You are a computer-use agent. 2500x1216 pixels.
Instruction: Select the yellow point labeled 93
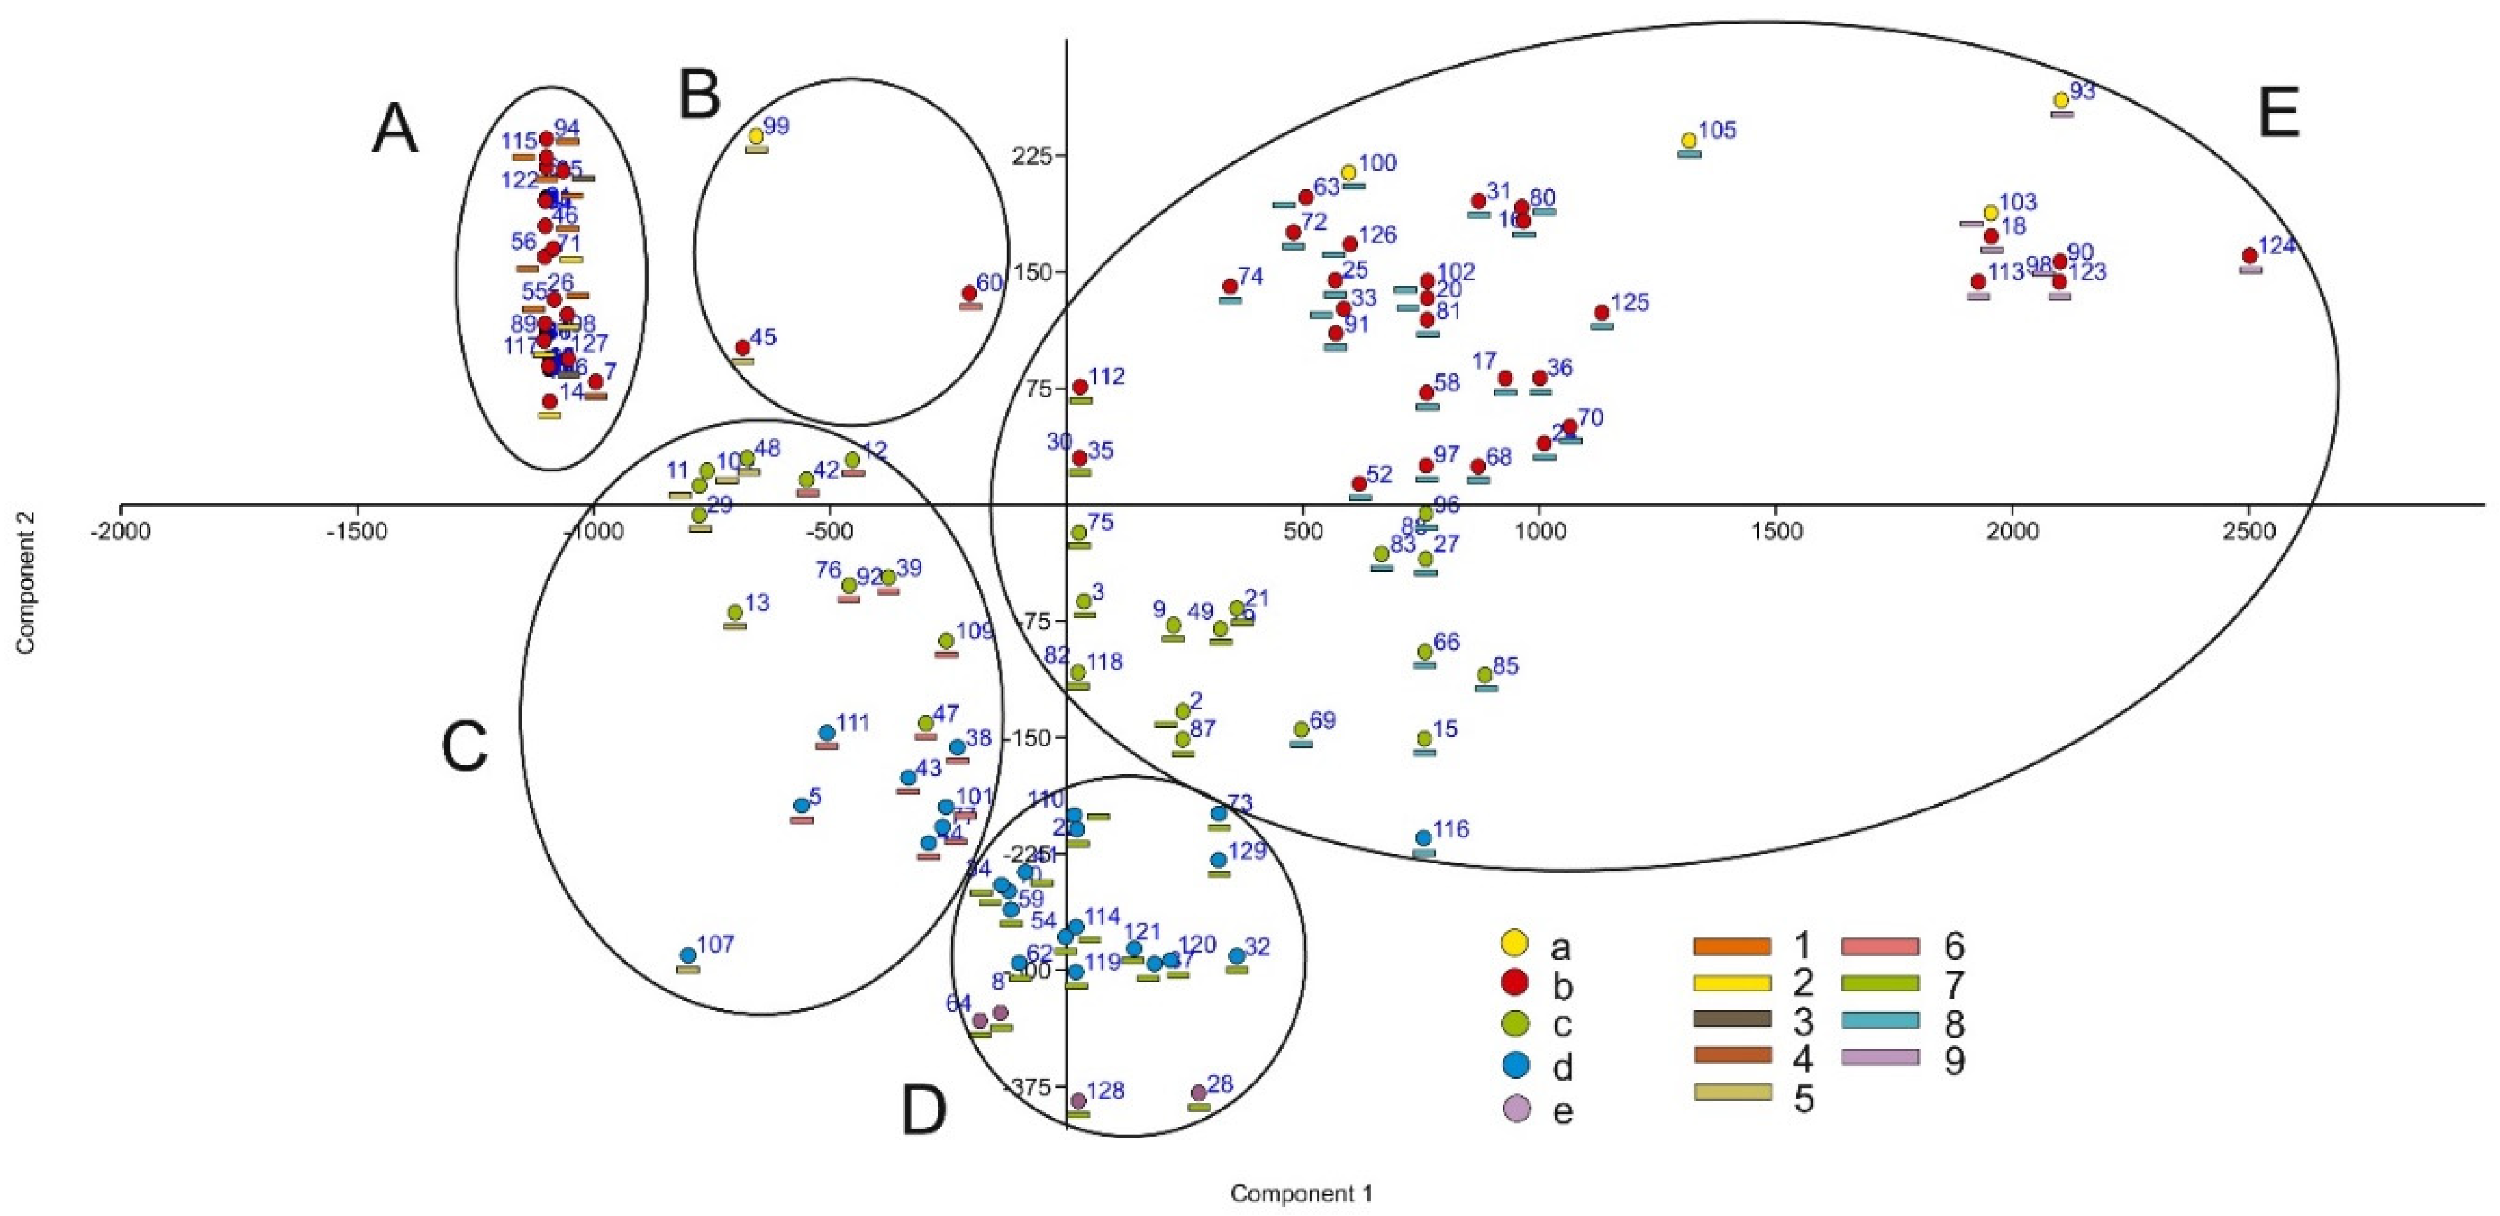click(x=2060, y=100)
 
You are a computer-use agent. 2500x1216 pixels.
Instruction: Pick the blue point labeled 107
click(x=687, y=955)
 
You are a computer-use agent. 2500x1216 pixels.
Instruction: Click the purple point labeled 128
click(x=1077, y=1101)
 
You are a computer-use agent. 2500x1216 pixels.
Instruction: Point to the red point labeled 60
click(x=969, y=293)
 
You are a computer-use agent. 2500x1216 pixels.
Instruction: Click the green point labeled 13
click(x=735, y=612)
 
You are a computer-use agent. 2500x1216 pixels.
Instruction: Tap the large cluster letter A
click(x=395, y=131)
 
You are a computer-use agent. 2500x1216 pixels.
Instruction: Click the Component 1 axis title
click(x=1301, y=1194)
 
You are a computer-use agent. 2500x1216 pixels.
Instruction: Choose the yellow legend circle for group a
click(x=1514, y=941)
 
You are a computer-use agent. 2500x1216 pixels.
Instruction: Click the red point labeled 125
click(x=1602, y=312)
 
